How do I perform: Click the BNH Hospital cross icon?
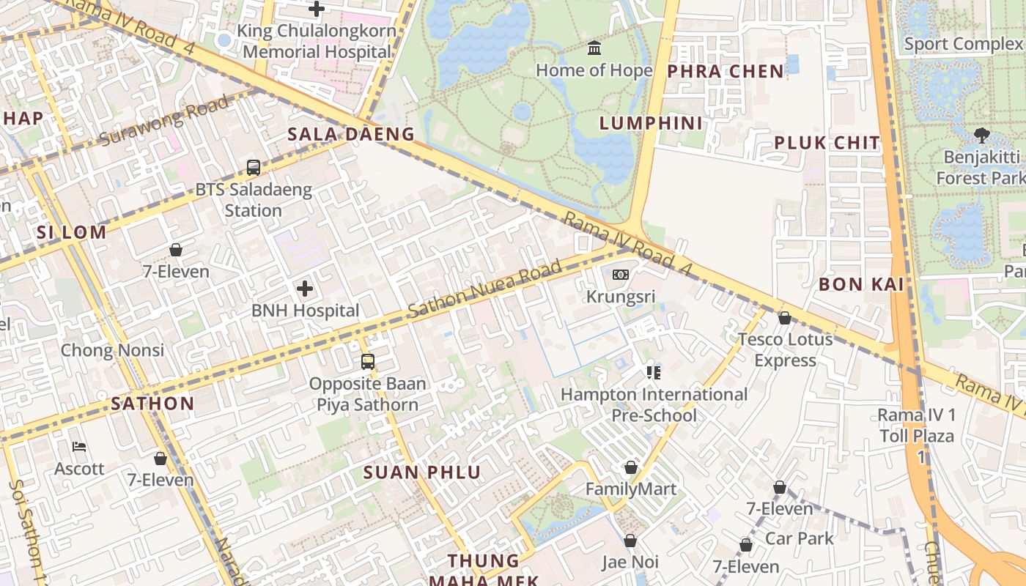tap(305, 289)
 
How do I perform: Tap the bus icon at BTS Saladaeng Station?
tap(254, 168)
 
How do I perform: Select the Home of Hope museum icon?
tap(594, 49)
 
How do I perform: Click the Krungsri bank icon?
tap(620, 275)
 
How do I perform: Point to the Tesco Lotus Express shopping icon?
tap(785, 318)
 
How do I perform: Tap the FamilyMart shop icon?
tap(630, 467)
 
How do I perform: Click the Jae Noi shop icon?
tap(630, 541)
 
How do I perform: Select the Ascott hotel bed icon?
tap(79, 447)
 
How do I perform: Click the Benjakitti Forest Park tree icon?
tap(981, 135)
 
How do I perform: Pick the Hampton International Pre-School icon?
tap(654, 373)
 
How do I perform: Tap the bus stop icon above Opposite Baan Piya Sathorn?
tap(368, 362)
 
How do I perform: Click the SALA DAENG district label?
tap(351, 134)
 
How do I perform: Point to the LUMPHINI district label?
tap(651, 123)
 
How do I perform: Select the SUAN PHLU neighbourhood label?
tap(421, 472)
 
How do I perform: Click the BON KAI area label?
tap(861, 284)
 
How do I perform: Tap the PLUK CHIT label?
tap(827, 143)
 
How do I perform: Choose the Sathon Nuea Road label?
tap(484, 288)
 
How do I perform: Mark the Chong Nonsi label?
tap(112, 350)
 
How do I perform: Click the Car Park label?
tap(800, 538)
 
